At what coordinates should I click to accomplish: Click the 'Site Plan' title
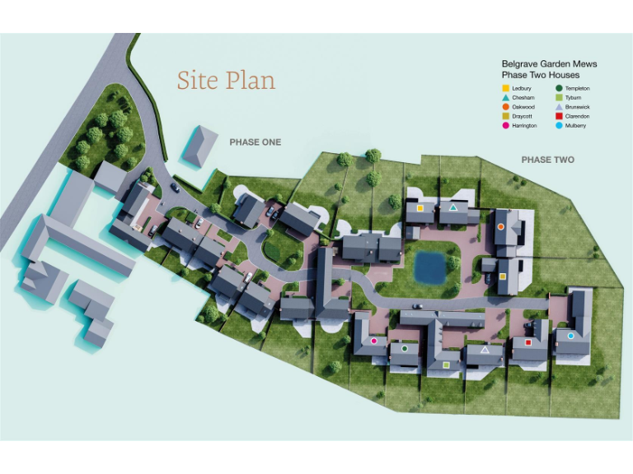point(226,81)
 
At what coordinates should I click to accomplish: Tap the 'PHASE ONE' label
point(255,142)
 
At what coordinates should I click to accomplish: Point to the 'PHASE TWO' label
point(547,160)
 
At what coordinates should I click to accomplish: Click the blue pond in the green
point(429,266)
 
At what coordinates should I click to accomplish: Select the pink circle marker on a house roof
point(373,340)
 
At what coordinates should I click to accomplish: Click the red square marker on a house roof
point(527,342)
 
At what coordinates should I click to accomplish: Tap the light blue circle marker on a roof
point(570,336)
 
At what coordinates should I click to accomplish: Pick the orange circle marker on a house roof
point(500,226)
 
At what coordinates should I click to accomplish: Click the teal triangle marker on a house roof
point(453,208)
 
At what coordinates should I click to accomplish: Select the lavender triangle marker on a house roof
point(485,350)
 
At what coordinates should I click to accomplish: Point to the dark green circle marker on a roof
point(405,348)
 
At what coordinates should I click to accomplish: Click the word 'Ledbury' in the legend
point(522,88)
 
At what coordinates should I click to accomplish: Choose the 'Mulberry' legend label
point(575,126)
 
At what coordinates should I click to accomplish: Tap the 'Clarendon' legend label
point(577,117)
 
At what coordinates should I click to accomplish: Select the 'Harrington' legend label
point(524,126)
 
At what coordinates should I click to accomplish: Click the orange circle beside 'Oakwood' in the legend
point(504,107)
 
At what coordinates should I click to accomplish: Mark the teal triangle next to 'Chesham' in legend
point(504,97)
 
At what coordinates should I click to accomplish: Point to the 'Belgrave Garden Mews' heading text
point(549,63)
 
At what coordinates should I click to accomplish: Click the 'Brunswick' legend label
point(577,107)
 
